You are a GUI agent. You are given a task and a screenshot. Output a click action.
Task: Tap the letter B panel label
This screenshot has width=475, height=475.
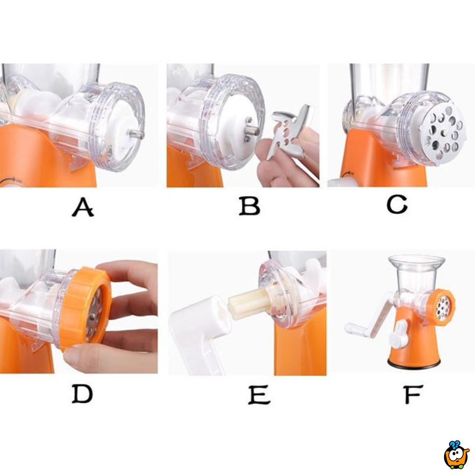coord(249,205)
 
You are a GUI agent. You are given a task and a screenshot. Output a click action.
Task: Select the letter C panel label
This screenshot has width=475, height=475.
coord(397,204)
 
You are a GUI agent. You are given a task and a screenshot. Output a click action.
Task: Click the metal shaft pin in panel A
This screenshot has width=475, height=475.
coord(135,134)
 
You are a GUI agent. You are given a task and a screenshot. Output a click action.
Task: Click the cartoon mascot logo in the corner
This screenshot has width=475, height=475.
coord(456,452)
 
